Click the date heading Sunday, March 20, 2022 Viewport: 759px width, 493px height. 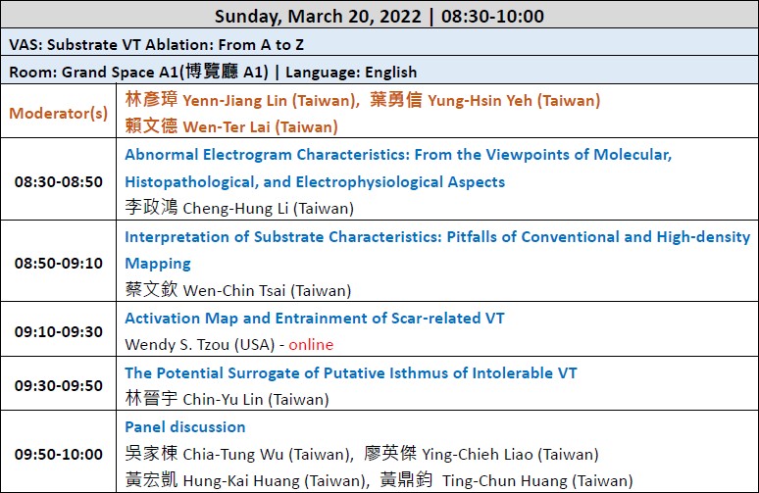[318, 17]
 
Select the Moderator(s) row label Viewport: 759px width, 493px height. [59, 114]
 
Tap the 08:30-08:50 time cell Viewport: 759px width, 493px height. [59, 182]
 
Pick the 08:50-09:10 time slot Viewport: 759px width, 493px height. [59, 264]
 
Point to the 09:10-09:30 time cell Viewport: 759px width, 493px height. [59, 332]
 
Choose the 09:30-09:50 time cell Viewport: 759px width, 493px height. [59, 385]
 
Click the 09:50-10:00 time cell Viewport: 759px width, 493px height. [59, 455]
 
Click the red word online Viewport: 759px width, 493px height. [311, 344]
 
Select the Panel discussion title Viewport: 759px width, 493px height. [185, 426]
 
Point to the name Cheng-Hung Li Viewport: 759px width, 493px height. [235, 209]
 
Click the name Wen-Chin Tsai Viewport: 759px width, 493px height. [234, 291]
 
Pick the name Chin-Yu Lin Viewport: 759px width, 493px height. [223, 400]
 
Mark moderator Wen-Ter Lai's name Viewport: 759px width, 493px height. [227, 127]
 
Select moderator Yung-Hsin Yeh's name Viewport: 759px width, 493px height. [481, 101]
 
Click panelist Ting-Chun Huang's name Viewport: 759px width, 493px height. [505, 481]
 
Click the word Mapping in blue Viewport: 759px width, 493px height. [158, 264]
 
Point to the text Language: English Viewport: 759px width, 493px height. [351, 73]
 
